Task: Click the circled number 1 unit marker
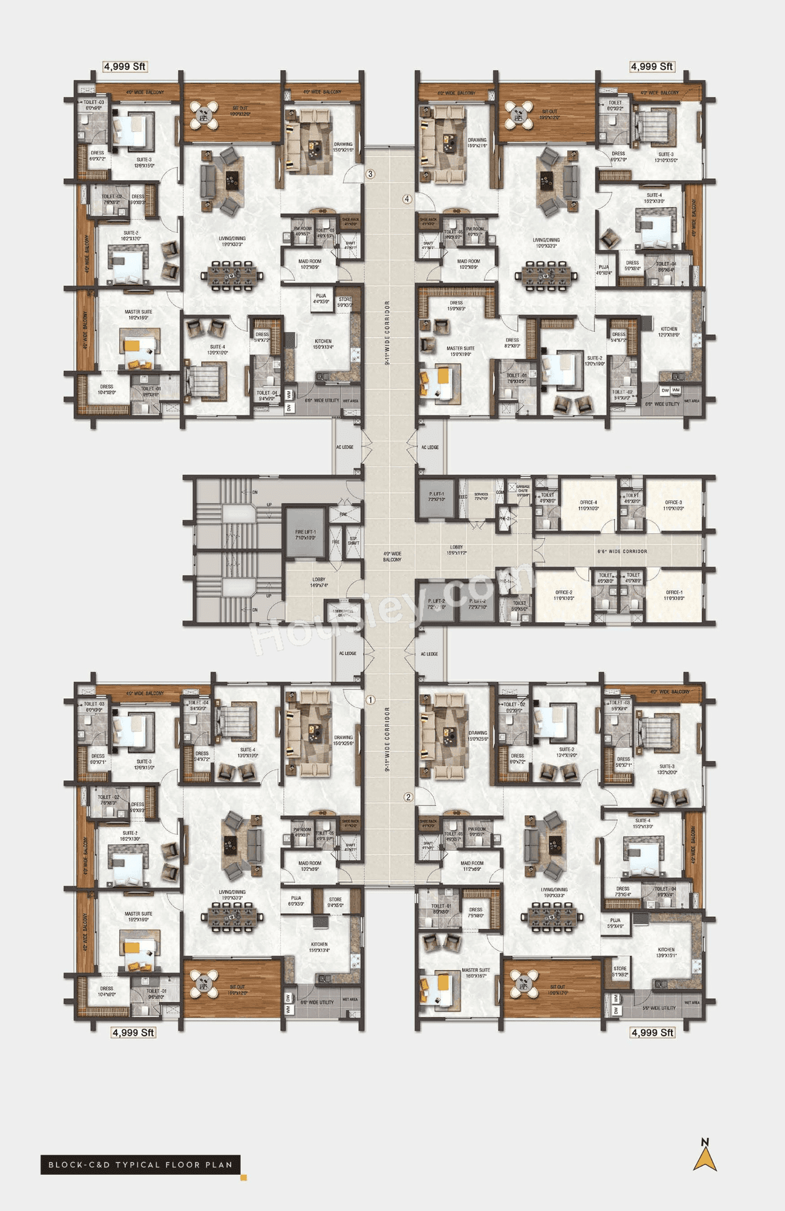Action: point(370,700)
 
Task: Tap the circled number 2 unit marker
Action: point(408,797)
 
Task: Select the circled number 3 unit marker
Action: point(370,174)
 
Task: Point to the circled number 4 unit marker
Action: point(407,199)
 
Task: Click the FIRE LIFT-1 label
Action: point(305,534)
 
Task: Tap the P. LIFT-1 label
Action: point(437,496)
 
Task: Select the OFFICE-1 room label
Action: point(673,595)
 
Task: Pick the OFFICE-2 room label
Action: point(564,595)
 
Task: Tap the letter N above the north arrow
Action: point(705,1141)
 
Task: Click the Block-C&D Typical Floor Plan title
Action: point(140,1164)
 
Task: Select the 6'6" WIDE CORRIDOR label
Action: point(622,552)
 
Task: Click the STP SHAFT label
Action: point(353,541)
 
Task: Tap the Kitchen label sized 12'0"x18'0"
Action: point(668,332)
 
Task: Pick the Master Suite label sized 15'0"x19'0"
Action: point(460,351)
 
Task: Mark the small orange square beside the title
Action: point(243,1177)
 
